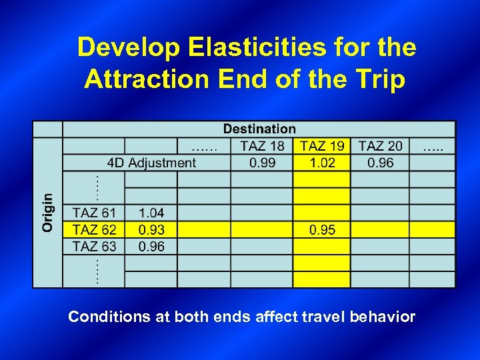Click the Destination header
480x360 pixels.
point(259,129)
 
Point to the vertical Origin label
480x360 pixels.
point(48,213)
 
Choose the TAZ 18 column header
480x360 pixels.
point(262,146)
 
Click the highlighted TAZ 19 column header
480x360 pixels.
point(322,146)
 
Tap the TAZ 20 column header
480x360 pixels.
point(380,146)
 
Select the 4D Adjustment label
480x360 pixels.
point(151,163)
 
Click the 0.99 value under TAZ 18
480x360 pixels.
point(262,163)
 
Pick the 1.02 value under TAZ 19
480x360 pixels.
point(322,163)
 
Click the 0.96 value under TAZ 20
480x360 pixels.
point(380,163)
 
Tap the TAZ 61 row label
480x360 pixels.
point(94,213)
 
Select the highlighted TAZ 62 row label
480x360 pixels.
point(94,230)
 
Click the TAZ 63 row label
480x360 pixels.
point(94,247)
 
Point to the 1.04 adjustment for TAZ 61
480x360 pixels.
point(151,213)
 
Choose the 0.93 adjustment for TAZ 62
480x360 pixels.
point(151,230)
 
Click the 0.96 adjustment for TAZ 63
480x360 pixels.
point(151,247)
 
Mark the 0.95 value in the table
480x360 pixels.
point(322,230)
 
